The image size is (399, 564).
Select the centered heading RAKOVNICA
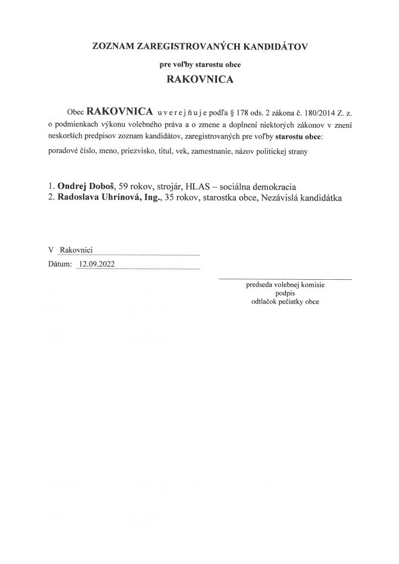tap(199, 79)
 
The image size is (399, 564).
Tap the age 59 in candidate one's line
tap(116, 186)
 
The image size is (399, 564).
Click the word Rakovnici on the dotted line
tap(77, 250)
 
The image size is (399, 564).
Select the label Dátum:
tap(60, 264)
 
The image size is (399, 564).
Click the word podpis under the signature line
tap(285, 294)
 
